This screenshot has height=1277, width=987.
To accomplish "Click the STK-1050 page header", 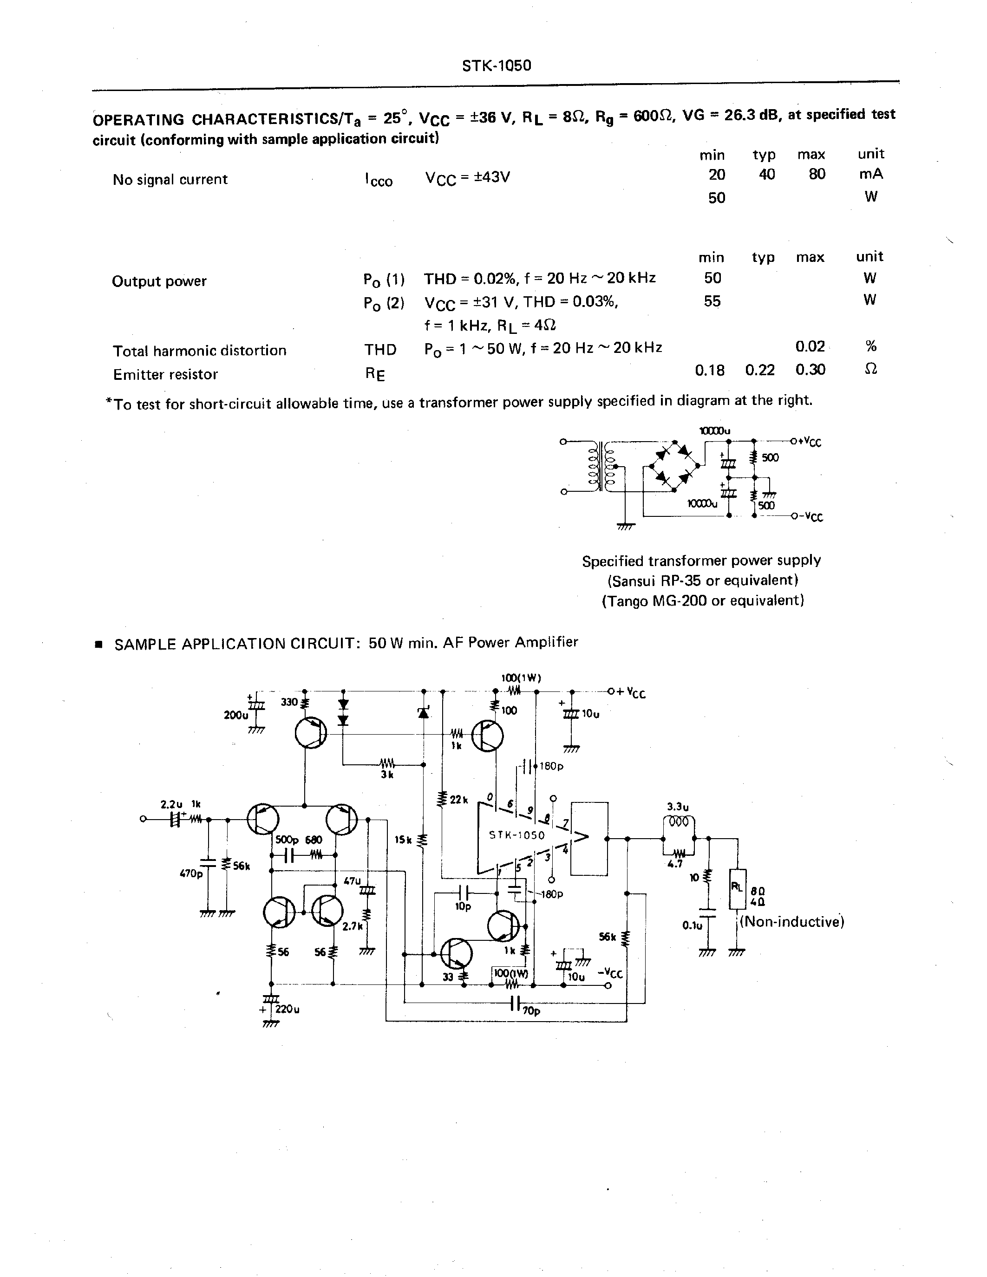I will point(497,65).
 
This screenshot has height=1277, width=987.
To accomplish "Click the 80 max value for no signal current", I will point(817,174).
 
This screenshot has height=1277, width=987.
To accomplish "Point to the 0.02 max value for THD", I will point(810,347).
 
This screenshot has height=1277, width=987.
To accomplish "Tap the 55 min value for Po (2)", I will point(712,302).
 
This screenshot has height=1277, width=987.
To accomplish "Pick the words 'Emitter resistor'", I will point(165,374).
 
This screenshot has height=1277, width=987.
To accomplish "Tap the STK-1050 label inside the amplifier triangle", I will point(517,835).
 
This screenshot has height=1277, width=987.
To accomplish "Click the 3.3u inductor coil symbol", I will point(678,821).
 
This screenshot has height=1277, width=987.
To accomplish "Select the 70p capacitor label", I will point(531,1010).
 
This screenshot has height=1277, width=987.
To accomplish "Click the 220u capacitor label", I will point(287,1009).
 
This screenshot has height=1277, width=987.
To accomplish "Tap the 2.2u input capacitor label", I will point(171,805).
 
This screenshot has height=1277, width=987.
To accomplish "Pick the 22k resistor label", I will point(458,799).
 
